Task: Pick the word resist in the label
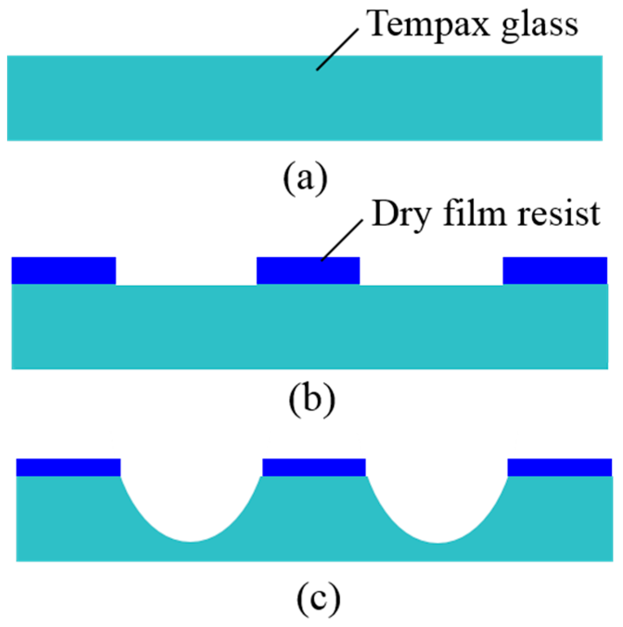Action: (x=559, y=214)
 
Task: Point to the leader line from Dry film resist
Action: (x=342, y=240)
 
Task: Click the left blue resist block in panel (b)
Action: (x=64, y=271)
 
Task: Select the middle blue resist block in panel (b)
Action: (x=308, y=271)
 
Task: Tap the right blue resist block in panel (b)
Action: (x=555, y=271)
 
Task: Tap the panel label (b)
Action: (x=311, y=399)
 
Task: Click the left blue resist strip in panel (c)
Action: (x=69, y=468)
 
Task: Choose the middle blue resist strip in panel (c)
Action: (x=314, y=468)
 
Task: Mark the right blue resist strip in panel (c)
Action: (x=559, y=468)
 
